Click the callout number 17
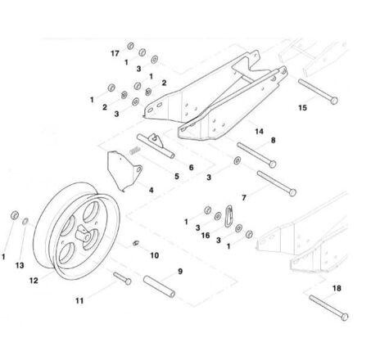[x=115, y=53]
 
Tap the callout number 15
[x=302, y=108]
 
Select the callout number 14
[x=260, y=132]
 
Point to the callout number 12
[x=34, y=281]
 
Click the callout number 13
[x=20, y=265]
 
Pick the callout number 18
[x=337, y=288]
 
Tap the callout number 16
[x=206, y=236]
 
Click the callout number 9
[x=180, y=272]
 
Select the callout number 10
[x=155, y=255]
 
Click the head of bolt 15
[x=334, y=101]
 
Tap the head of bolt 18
[x=345, y=317]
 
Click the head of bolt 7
[x=292, y=193]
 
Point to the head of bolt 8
[x=273, y=164]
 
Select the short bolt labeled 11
[x=122, y=278]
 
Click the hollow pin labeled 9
[x=160, y=286]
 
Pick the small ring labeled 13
[x=25, y=222]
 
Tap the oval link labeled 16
[x=228, y=216]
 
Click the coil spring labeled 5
[x=135, y=150]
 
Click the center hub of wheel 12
[x=84, y=234]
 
